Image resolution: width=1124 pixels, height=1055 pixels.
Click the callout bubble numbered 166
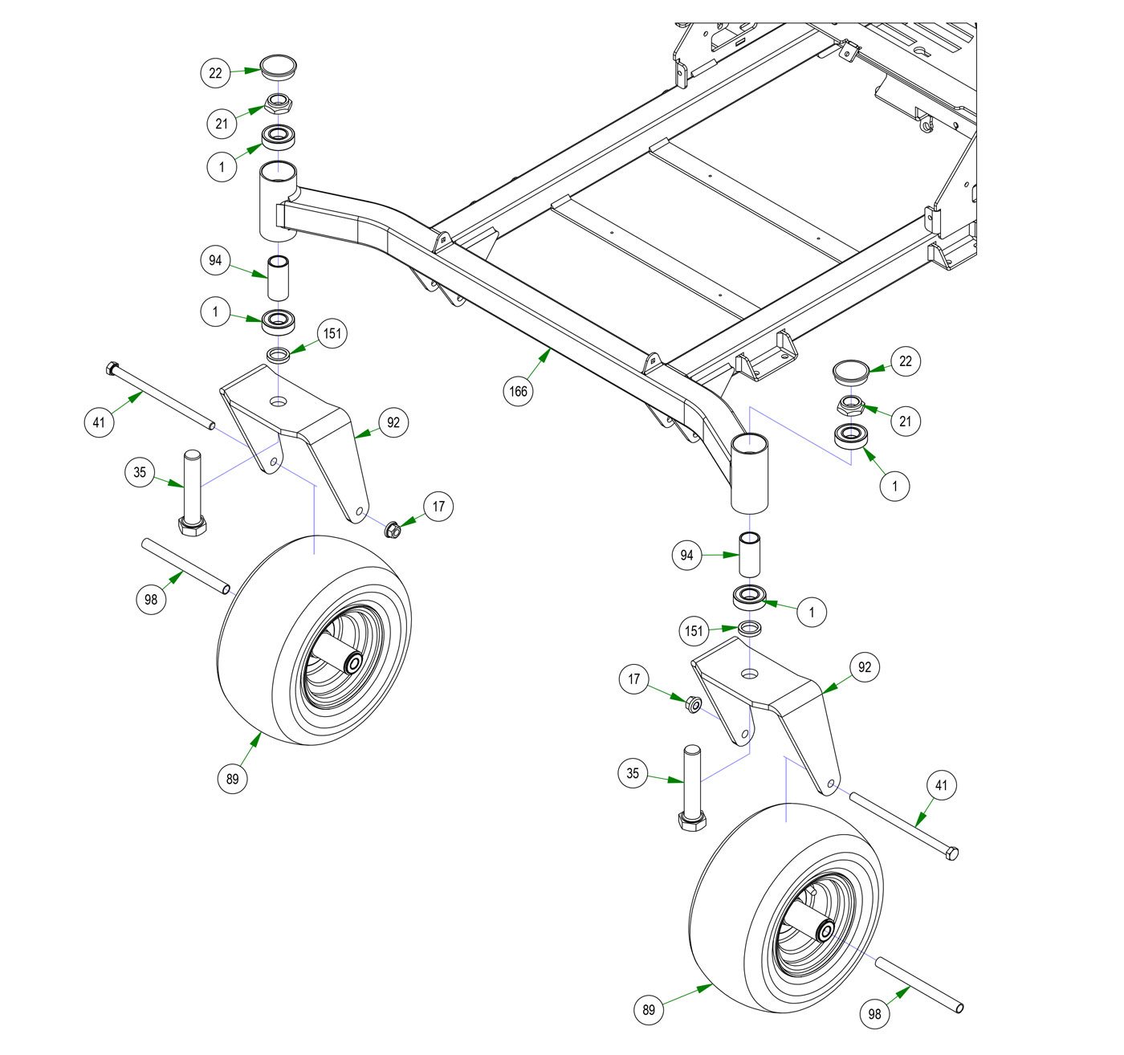[519, 391]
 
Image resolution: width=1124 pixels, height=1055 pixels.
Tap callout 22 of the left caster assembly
[215, 73]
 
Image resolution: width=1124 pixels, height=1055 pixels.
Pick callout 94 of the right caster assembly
[686, 555]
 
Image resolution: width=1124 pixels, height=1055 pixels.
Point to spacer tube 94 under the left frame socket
[279, 278]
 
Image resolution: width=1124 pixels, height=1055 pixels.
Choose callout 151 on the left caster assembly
[332, 333]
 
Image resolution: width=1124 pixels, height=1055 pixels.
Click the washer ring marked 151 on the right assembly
[750, 627]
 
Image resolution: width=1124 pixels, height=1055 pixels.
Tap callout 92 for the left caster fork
[393, 422]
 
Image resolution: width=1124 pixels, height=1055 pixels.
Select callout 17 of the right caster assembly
[634, 680]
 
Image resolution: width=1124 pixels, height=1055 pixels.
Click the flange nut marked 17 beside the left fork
[393, 530]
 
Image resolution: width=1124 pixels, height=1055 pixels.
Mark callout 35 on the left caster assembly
[140, 472]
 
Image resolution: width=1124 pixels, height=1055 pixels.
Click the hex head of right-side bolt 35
[692, 821]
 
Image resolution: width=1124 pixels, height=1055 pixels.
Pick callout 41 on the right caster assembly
[941, 785]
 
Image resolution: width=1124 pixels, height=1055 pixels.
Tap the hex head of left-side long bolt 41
[111, 369]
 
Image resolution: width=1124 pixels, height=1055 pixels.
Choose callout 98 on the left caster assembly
[151, 599]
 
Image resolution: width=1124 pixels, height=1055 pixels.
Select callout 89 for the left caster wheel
[232, 779]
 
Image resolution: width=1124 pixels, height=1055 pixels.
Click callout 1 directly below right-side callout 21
[895, 486]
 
